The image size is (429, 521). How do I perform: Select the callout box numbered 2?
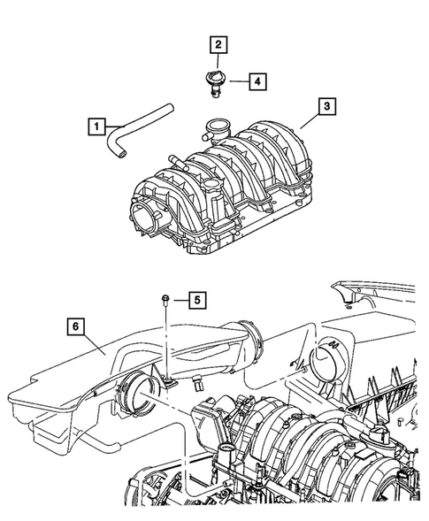[216, 43]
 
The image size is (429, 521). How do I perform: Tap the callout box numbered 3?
[327, 108]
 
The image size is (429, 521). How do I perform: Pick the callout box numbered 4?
[257, 81]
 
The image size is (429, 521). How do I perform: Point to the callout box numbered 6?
[77, 327]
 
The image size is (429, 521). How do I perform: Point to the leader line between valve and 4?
[236, 81]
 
